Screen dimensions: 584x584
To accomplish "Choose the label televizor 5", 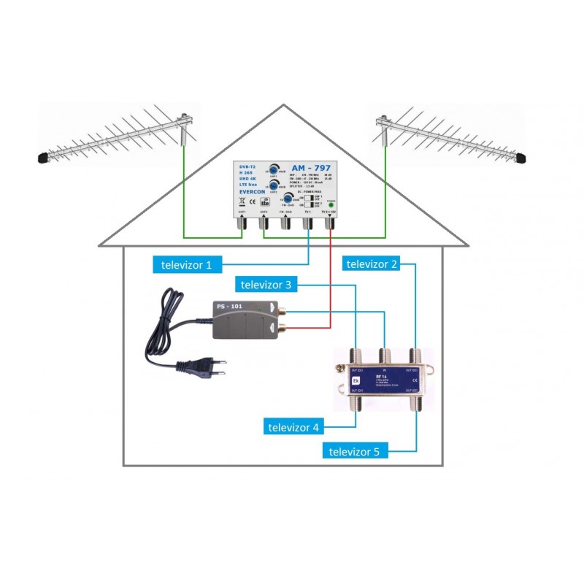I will (x=355, y=452).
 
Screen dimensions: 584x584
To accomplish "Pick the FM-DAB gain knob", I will (x=289, y=200).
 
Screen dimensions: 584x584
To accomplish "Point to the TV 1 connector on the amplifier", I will (x=307, y=223).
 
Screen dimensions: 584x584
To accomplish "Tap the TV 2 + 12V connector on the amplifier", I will (x=331, y=223).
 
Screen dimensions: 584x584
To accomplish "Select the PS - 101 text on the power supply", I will (x=228, y=307).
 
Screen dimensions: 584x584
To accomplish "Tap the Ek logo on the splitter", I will (x=356, y=380).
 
